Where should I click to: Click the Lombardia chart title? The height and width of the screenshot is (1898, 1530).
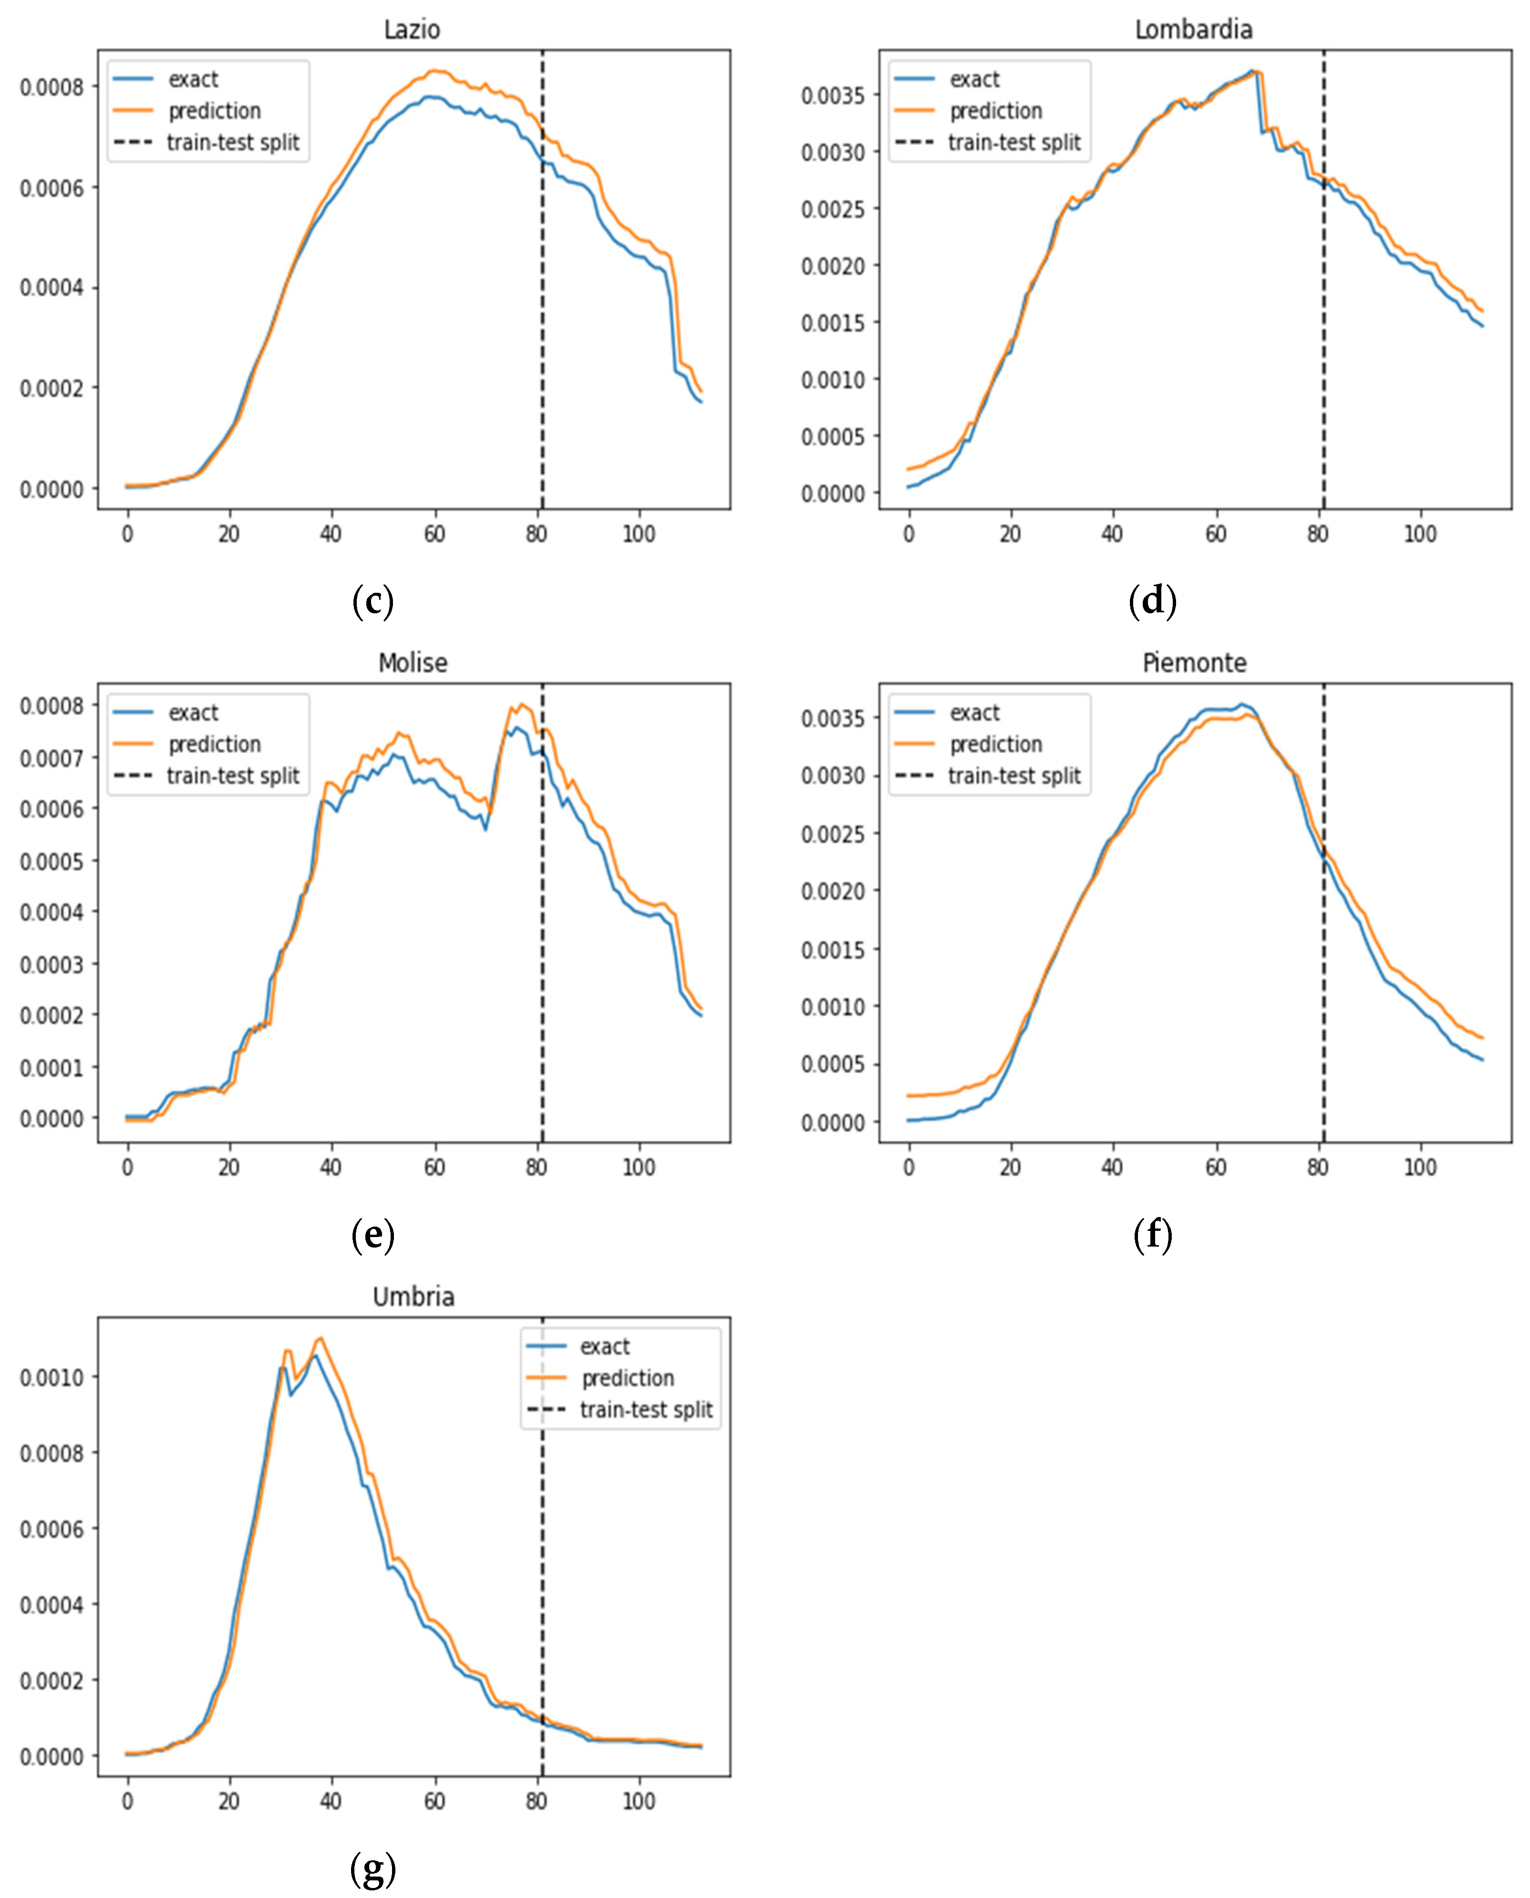[1193, 30]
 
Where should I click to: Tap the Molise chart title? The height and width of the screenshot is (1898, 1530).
[413, 663]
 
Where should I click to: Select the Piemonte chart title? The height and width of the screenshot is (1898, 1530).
[1194, 663]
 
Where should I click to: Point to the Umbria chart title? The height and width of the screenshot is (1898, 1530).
[413, 1297]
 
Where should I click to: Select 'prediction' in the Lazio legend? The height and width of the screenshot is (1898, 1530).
[214, 111]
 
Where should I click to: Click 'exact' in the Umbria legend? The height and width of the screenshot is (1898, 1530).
[604, 1347]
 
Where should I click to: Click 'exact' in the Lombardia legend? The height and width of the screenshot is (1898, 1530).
[974, 79]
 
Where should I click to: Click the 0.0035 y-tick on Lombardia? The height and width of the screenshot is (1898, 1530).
[833, 95]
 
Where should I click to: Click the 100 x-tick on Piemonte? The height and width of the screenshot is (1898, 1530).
[1419, 1167]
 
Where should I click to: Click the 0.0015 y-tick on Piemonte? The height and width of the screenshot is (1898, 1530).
[833, 949]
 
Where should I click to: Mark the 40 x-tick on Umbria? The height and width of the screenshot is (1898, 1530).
[331, 1801]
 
